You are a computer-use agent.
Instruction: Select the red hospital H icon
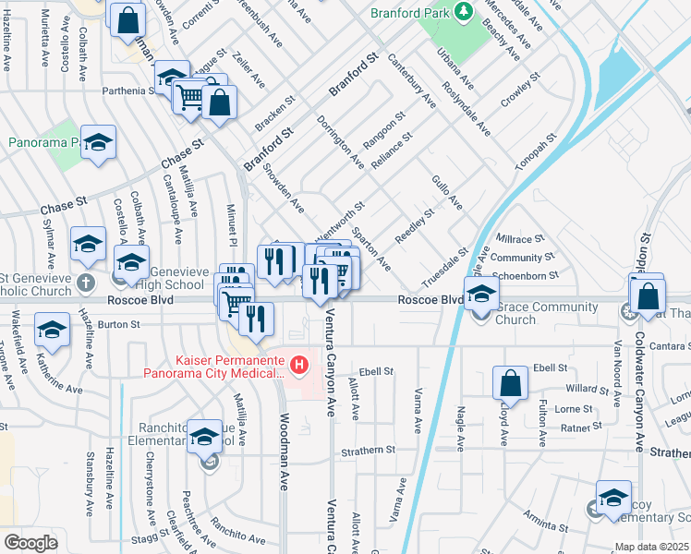299,366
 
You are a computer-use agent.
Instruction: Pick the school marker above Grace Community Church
481,294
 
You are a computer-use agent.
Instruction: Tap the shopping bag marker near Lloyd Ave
510,382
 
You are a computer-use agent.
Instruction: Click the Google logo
30,542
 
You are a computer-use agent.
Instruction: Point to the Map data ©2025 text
652,547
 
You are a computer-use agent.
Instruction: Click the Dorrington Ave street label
340,142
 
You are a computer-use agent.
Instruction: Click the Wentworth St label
339,218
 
